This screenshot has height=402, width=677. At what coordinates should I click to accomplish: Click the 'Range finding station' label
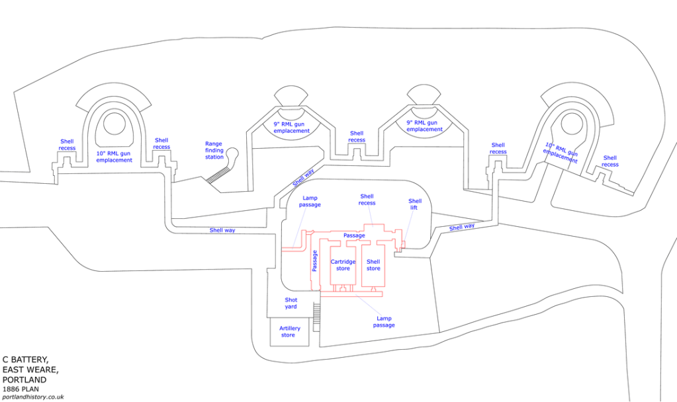pyautogui.click(x=214, y=150)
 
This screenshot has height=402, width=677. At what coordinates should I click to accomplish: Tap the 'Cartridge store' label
pyautogui.click(x=343, y=264)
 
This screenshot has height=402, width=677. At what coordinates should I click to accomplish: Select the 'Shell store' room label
pyautogui.click(x=373, y=264)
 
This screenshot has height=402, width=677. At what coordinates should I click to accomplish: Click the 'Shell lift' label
pyautogui.click(x=415, y=204)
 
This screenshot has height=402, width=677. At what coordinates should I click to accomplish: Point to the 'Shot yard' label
pyautogui.click(x=291, y=303)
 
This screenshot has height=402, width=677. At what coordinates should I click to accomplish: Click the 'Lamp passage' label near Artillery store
pyautogui.click(x=383, y=321)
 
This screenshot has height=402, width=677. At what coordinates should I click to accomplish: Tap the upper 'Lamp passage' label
pyautogui.click(x=310, y=201)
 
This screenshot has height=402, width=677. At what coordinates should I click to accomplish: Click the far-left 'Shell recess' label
pyautogui.click(x=68, y=144)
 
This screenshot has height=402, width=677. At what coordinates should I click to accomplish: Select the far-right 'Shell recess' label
pyautogui.click(x=610, y=161)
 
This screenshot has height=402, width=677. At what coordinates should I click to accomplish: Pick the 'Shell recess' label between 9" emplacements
pyautogui.click(x=357, y=136)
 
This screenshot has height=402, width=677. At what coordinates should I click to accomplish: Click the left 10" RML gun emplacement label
pyautogui.click(x=114, y=156)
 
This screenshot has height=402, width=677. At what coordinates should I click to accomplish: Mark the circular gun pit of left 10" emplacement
pyautogui.click(x=114, y=123)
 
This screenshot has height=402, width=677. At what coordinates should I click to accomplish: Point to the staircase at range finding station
pyautogui.click(x=218, y=175)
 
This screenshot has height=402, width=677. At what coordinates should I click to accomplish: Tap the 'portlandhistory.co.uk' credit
pyautogui.click(x=33, y=397)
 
